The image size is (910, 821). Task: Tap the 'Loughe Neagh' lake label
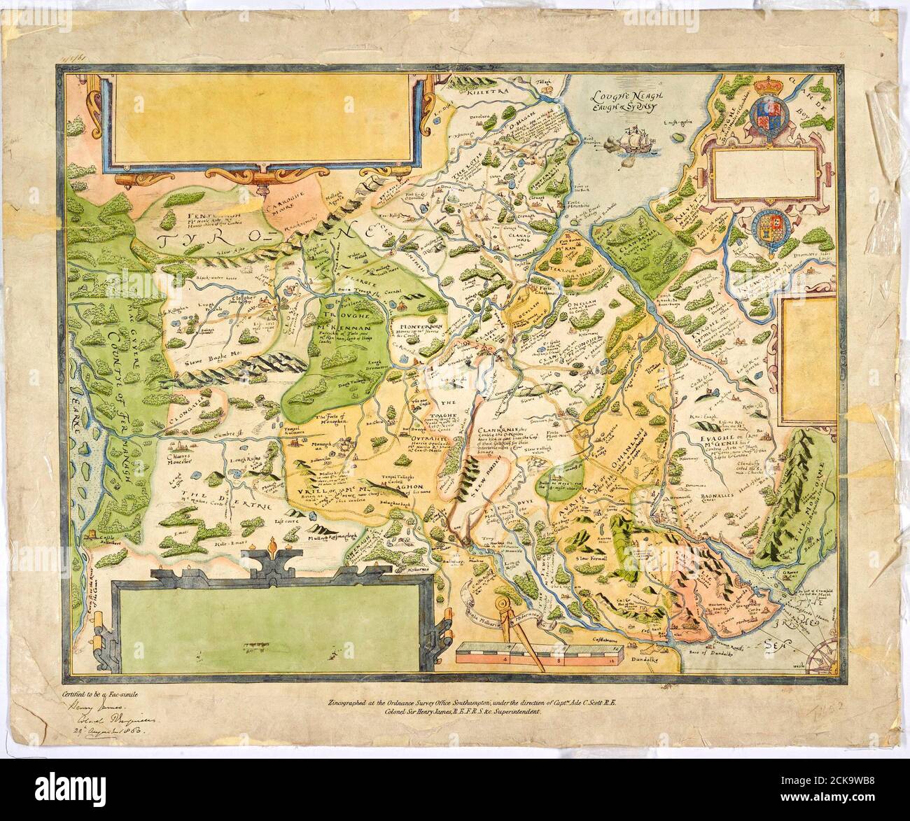[622, 97]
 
